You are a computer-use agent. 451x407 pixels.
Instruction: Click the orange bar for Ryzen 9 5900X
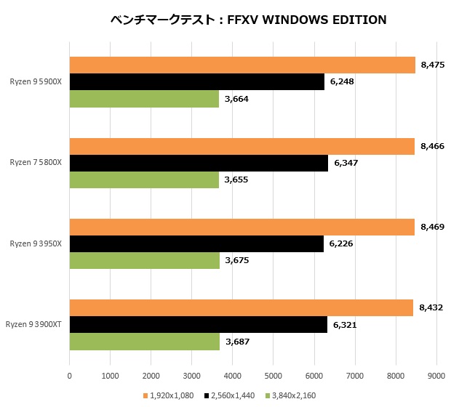[x=242, y=65]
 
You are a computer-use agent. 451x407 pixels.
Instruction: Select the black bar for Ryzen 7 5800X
[x=199, y=163]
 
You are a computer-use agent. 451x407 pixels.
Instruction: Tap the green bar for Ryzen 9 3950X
[x=144, y=260]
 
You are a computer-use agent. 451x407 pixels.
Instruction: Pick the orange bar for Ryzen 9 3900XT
[x=241, y=308]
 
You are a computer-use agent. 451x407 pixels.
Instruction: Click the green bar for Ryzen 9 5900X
[x=144, y=98]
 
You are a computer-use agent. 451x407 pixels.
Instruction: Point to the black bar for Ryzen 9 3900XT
[x=198, y=325]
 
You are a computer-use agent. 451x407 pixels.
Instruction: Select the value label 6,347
[x=346, y=163]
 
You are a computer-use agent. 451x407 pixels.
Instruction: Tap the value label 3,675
[x=236, y=260]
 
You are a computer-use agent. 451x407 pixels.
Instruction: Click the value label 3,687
[x=237, y=342]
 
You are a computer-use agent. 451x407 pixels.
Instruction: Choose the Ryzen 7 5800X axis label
[x=36, y=163]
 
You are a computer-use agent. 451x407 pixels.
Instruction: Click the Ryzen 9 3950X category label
[x=36, y=244]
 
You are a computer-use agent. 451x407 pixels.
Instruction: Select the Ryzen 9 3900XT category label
[x=33, y=325]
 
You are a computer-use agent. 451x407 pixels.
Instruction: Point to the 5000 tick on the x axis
[x=273, y=376]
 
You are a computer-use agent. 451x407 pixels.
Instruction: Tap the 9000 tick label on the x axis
[x=436, y=376]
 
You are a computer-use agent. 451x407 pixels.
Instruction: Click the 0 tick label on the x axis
[x=69, y=376]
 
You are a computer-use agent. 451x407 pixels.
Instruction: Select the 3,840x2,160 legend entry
[x=293, y=395]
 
